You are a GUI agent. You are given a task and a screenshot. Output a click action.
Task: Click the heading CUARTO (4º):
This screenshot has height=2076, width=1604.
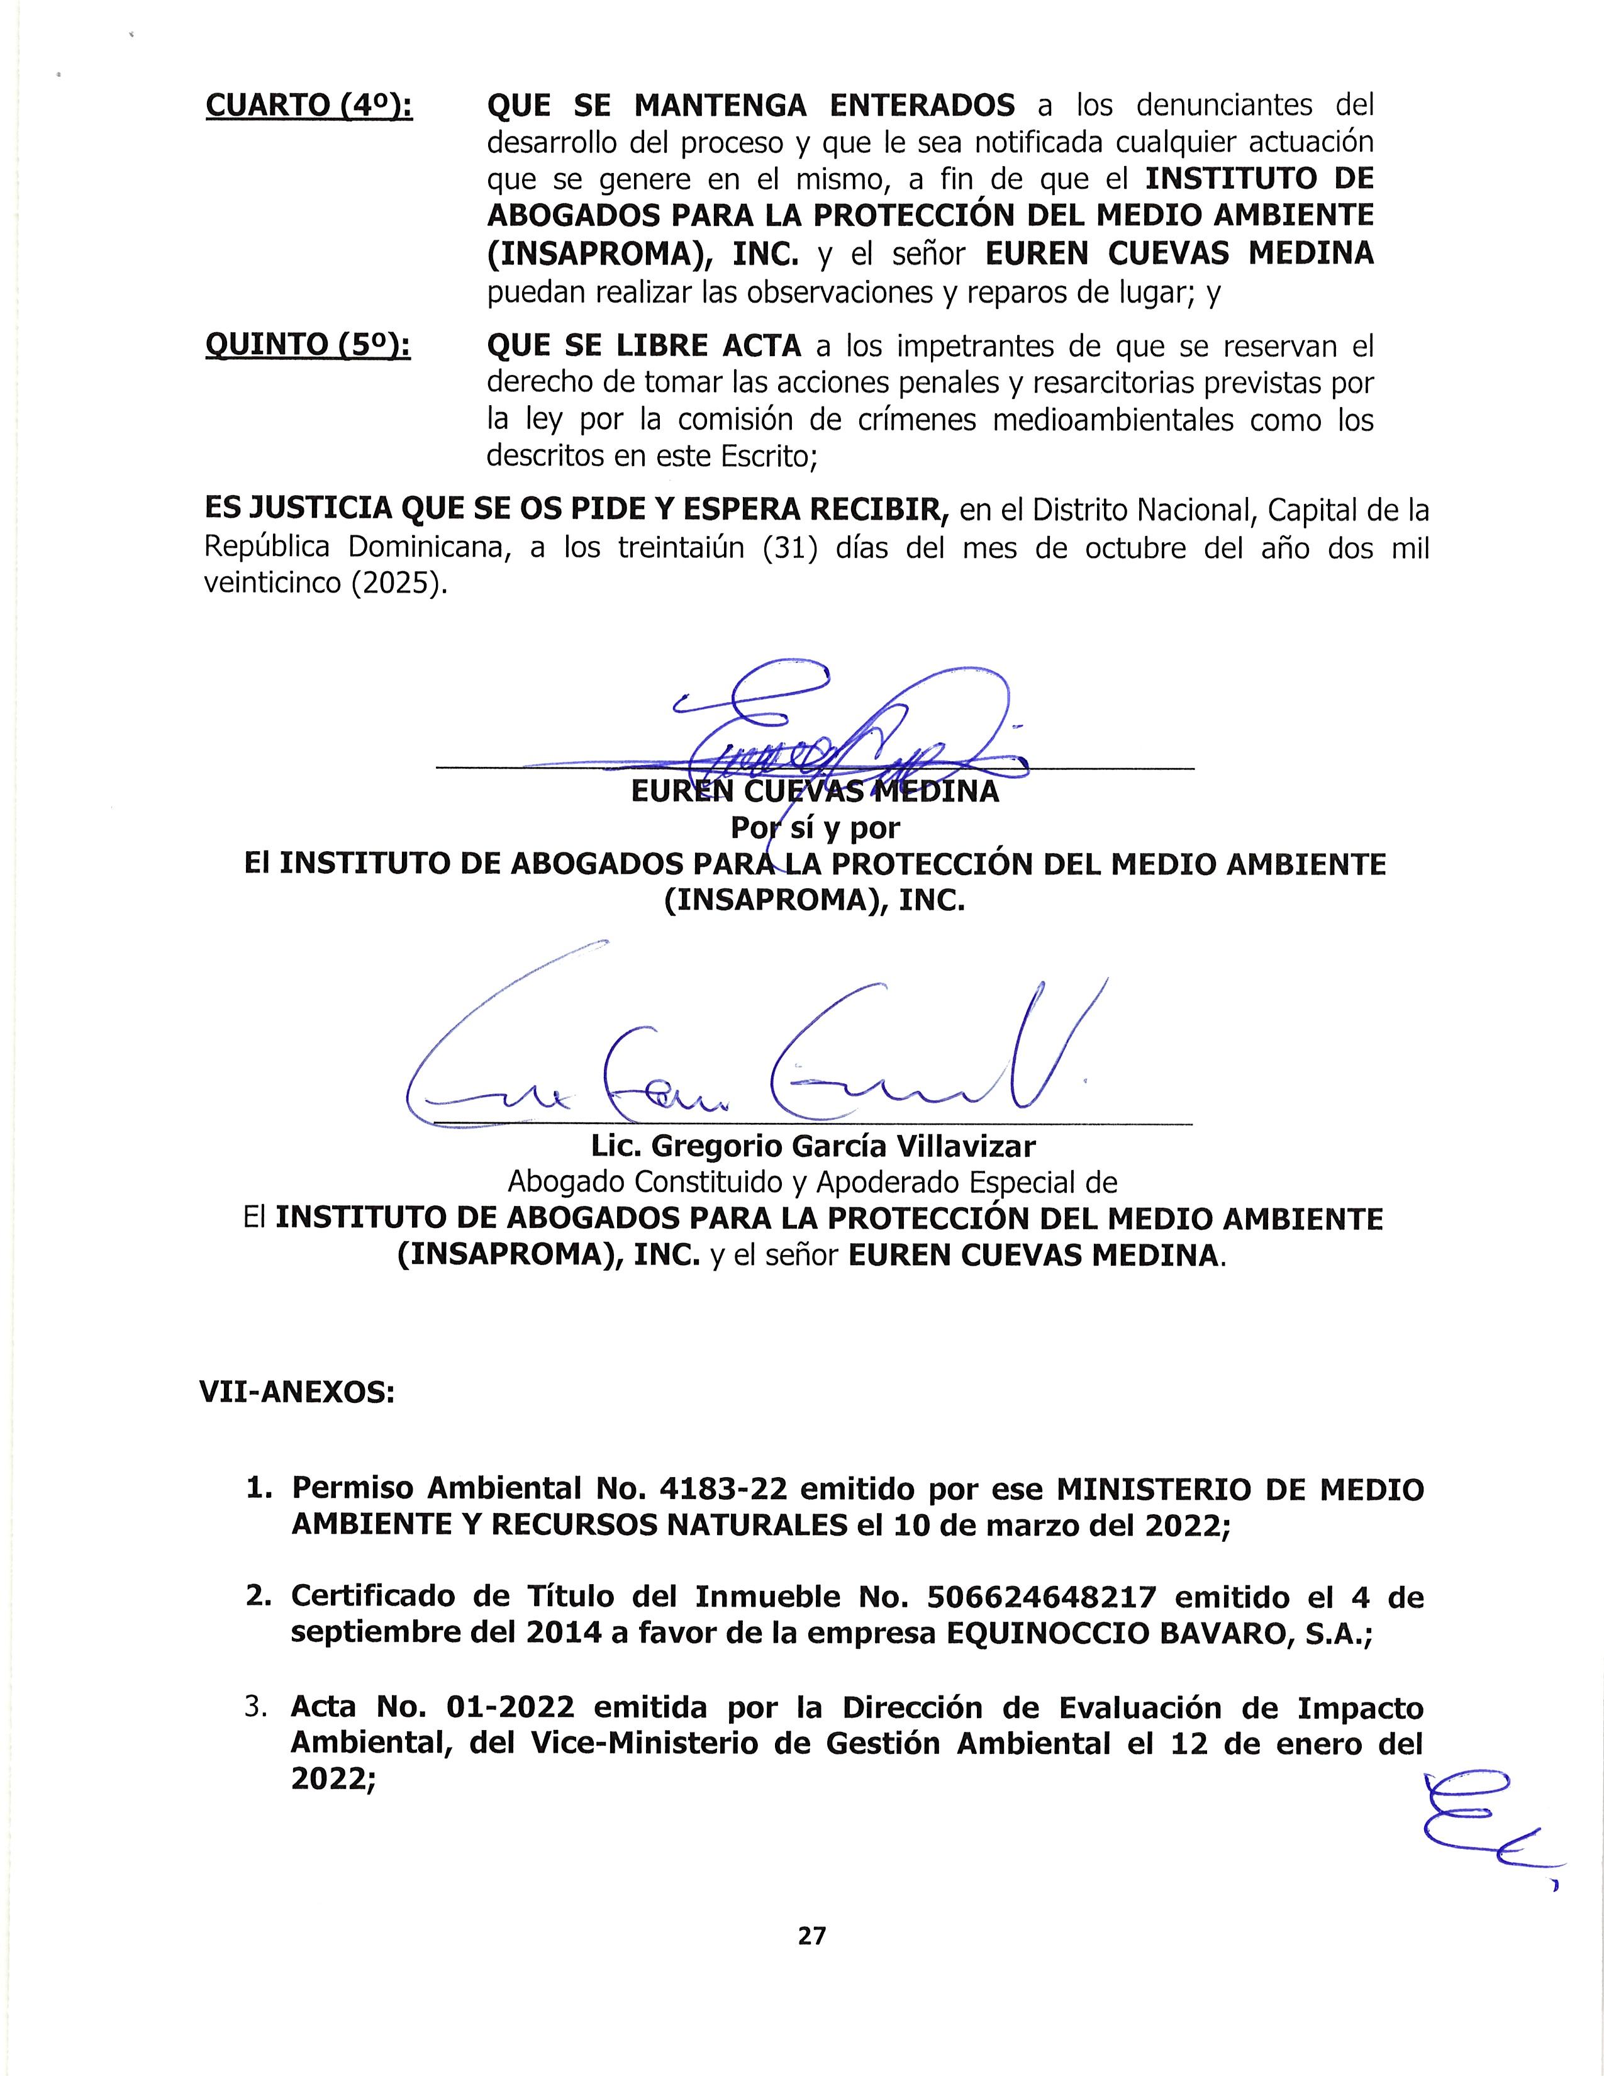(309, 106)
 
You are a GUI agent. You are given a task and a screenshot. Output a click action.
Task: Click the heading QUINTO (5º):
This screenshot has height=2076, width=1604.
(308, 346)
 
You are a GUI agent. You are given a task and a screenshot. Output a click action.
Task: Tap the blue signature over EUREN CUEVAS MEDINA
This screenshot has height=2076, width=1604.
(836, 727)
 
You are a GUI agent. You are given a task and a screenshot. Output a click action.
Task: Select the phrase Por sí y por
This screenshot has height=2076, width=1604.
(815, 828)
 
